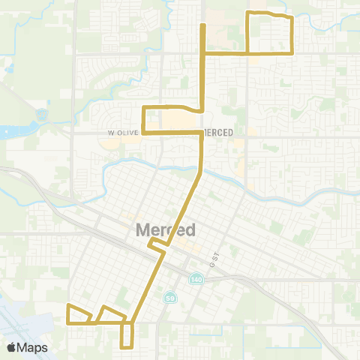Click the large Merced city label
click(x=166, y=230)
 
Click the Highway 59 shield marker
click(x=171, y=298)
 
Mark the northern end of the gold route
click(x=202, y=26)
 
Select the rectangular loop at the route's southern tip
click(x=127, y=335)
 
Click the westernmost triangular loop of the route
click(x=79, y=315)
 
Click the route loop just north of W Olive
click(x=171, y=120)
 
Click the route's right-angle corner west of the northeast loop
click(x=202, y=53)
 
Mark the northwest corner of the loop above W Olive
click(x=143, y=108)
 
